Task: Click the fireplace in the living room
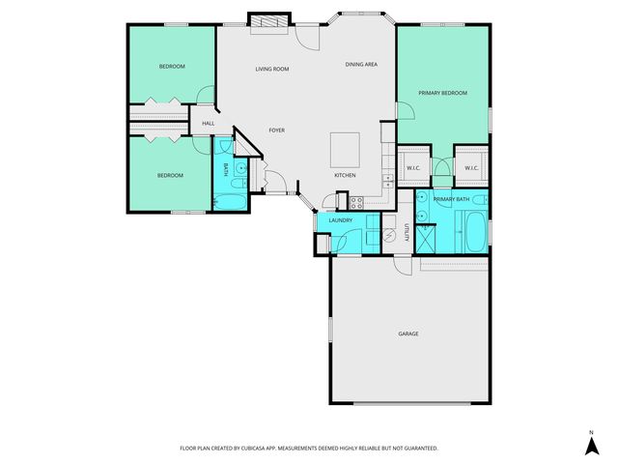(267, 21)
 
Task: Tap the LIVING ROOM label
(272, 70)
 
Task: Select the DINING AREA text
(361, 64)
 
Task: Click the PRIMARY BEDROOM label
(442, 93)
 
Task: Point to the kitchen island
(345, 149)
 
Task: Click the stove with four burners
(355, 202)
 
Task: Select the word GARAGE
(408, 333)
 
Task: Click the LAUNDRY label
(339, 221)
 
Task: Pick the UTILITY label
(407, 232)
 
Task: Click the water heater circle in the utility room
(389, 235)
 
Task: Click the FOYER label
(276, 130)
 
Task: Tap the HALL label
(208, 123)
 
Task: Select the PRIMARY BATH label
(451, 199)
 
